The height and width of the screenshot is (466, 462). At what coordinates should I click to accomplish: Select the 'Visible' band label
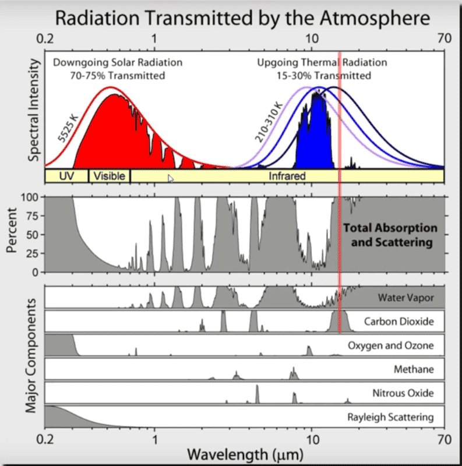point(110,176)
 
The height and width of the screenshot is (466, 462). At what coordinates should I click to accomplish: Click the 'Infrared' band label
point(287,176)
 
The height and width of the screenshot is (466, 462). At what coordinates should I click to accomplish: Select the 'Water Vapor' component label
point(405,298)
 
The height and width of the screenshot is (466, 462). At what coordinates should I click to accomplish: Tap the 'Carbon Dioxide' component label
point(398,321)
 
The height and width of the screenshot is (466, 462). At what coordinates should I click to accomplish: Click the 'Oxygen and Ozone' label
point(391,345)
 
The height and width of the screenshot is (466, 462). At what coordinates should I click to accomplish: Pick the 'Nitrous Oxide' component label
point(403,393)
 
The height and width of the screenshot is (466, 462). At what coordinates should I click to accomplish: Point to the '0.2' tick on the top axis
point(52,40)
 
